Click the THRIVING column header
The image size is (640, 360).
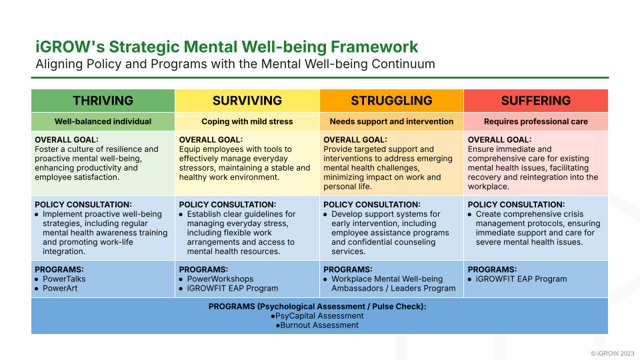coord(103,101)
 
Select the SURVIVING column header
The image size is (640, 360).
coord(247,101)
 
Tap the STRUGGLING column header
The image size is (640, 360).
coord(391,101)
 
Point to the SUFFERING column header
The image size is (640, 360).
coord(536,101)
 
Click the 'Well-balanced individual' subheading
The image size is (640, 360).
coord(103,122)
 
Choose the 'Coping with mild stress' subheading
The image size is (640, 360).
coord(247,122)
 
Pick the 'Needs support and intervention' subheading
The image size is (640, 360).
coord(391,122)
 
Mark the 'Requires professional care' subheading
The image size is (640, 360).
coord(536,122)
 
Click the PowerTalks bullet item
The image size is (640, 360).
coord(64,279)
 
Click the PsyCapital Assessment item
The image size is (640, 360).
coord(319,316)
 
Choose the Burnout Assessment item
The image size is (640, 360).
coord(319,325)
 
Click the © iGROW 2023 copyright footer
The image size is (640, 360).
coord(612,353)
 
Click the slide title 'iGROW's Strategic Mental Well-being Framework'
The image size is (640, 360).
coord(227,47)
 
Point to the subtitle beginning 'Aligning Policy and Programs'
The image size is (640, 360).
coord(235,65)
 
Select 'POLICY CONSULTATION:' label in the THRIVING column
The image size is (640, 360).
coord(83,205)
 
